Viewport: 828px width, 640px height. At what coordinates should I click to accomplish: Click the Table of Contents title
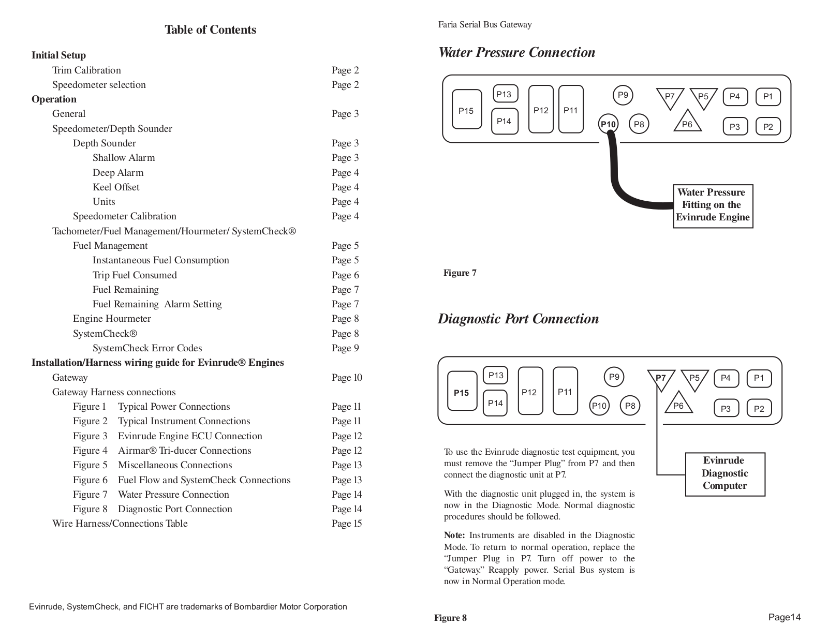coord(210,29)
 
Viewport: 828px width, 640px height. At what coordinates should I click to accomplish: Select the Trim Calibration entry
coord(86,70)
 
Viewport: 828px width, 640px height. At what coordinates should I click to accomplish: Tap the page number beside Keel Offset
coord(345,187)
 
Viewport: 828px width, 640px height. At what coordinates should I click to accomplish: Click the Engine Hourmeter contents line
coord(112,319)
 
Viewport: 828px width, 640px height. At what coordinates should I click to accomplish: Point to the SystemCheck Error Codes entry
coord(147,348)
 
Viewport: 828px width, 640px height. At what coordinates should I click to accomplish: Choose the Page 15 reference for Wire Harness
coord(347,524)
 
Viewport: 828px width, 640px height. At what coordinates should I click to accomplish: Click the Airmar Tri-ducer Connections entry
coord(184,450)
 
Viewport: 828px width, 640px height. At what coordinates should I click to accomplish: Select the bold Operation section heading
coord(54,99)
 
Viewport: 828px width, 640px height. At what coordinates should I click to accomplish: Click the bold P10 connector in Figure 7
coord(608,124)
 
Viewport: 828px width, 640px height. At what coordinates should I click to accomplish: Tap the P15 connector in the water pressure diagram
coord(466,109)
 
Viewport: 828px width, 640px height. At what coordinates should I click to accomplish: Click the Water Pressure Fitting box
coord(713,206)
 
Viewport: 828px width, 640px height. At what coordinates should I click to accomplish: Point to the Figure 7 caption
coord(460,273)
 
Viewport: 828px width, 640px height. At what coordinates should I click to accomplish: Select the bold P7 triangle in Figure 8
coord(661,380)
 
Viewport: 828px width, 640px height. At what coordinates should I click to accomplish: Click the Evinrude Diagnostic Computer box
coord(725,474)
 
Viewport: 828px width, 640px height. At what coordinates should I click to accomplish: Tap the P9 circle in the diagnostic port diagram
coord(614,377)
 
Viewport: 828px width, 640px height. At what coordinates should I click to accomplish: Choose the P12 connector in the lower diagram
coord(530,391)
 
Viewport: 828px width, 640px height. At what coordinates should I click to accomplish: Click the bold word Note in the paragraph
coord(454,535)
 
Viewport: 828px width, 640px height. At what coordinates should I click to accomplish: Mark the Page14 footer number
coord(785,617)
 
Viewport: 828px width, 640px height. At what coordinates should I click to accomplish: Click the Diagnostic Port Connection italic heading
coord(518,319)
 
